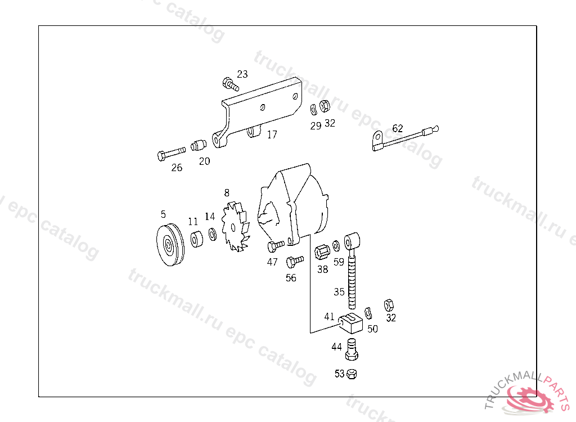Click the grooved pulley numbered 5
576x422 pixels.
170,244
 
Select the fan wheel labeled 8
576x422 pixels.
235,227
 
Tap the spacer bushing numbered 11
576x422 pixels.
197,239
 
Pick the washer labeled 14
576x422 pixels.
212,234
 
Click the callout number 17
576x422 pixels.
272,134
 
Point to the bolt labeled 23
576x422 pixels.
230,84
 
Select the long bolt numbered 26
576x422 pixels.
171,153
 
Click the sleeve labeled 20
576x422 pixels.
199,145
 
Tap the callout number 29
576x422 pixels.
316,125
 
